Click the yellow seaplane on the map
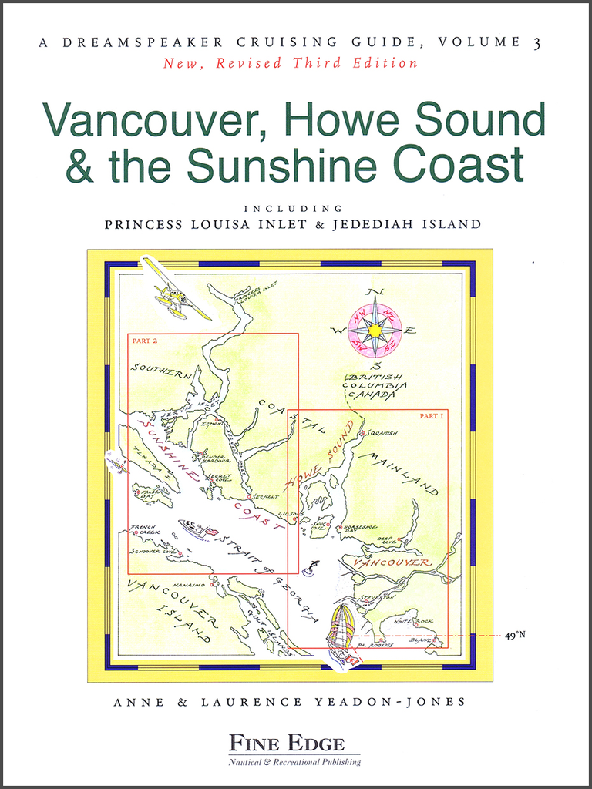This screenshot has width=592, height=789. click(176, 299)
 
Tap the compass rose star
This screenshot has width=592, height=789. click(375, 331)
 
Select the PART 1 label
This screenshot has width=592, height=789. click(432, 416)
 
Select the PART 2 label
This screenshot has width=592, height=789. click(144, 340)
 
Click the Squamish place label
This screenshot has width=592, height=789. click(382, 433)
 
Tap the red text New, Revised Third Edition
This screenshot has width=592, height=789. click(290, 63)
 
